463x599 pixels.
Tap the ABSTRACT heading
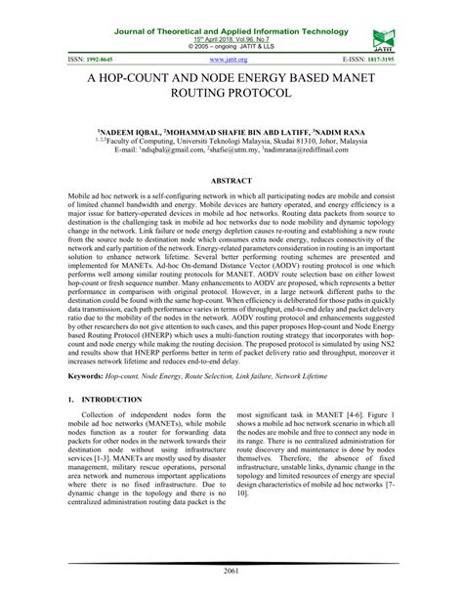(x=231, y=183)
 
